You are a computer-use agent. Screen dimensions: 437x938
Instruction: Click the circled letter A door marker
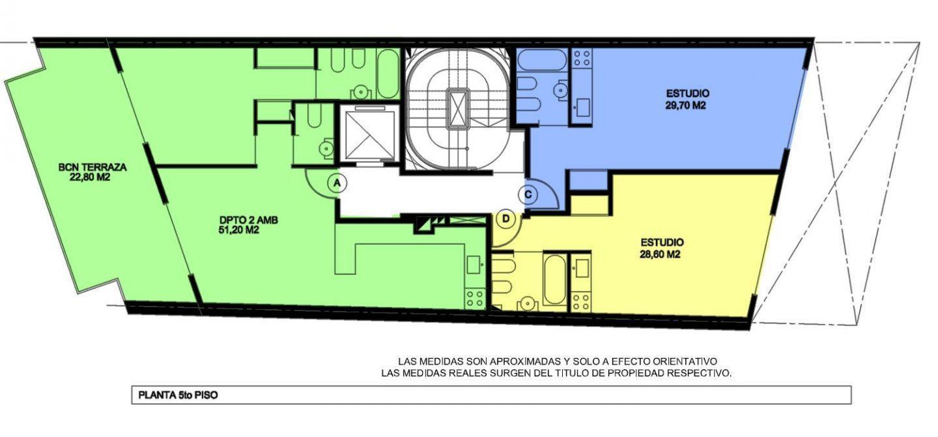coord(336,183)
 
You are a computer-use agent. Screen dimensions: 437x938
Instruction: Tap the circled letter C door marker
coord(528,194)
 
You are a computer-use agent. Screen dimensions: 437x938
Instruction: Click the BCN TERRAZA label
coord(92,167)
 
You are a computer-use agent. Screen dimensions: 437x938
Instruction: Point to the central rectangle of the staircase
coord(459,107)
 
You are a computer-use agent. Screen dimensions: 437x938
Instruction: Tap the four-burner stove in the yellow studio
coord(581,301)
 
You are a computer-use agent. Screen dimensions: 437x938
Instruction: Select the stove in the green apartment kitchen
coord(474,299)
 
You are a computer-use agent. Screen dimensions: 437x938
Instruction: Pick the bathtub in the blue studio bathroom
coord(541,61)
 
